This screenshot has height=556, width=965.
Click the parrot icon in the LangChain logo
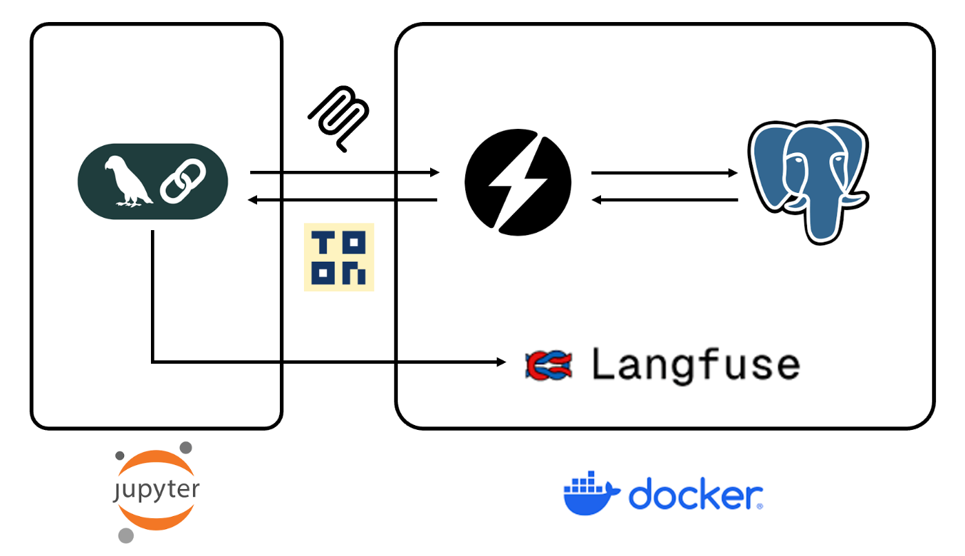[x=127, y=182]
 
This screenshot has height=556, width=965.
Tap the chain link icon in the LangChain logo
[x=183, y=182]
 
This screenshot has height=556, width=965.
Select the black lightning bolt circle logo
[x=518, y=182]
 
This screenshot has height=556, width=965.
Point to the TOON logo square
[x=339, y=257]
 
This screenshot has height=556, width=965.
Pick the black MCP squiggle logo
[x=340, y=117]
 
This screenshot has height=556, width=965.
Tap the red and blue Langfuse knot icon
[x=549, y=364]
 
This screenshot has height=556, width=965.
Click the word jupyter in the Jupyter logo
[x=156, y=491]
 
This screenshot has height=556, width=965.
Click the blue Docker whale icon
[x=590, y=493]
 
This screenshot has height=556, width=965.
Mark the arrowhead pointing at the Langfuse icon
[x=502, y=361]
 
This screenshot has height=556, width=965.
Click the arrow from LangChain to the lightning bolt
[x=345, y=172]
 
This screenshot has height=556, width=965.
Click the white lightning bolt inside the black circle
[x=518, y=182]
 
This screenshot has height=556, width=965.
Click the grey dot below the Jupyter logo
[x=125, y=535]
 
